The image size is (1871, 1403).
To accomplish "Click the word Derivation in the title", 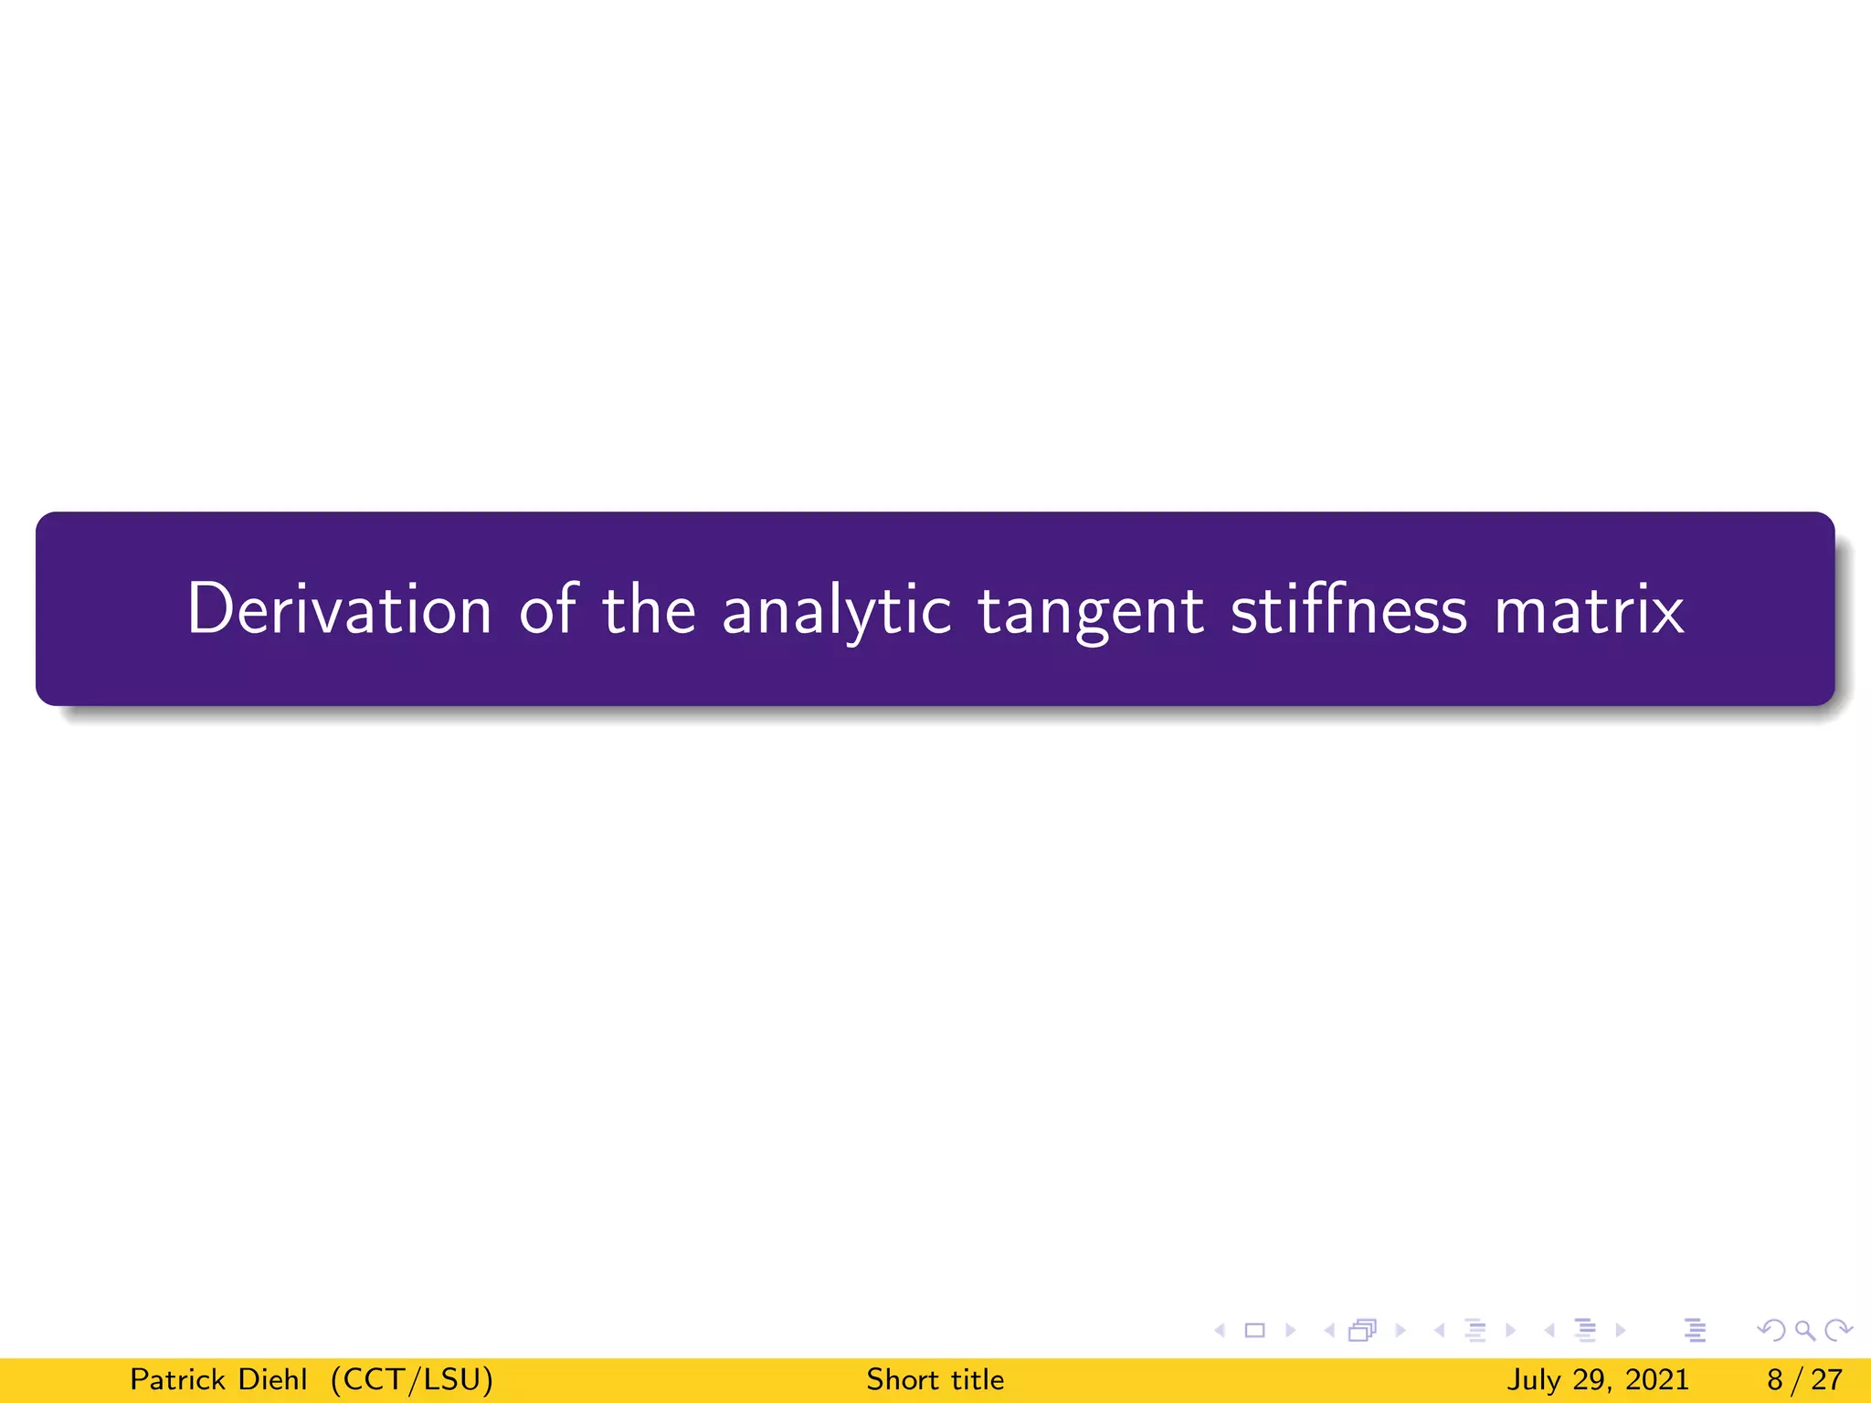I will click(x=339, y=609).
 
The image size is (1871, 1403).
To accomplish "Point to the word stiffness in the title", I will click(x=1348, y=609).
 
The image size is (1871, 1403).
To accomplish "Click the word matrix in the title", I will click(x=1589, y=610).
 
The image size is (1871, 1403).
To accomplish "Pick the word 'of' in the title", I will click(x=548, y=609).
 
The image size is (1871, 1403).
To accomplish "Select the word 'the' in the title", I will click(x=649, y=609).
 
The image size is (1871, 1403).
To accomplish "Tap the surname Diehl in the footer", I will click(x=272, y=1379).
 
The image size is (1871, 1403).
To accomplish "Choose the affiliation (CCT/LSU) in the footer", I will click(x=412, y=1379).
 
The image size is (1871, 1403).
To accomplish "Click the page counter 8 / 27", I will click(x=1804, y=1379).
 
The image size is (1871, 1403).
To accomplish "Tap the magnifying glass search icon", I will click(x=1804, y=1331).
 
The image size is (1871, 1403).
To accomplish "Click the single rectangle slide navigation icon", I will click(x=1255, y=1331).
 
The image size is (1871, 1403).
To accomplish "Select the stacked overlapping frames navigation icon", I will click(x=1362, y=1331).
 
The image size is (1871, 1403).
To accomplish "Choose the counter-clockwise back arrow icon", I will click(x=1772, y=1331).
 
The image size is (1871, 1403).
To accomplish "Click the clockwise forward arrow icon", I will click(x=1838, y=1331).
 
